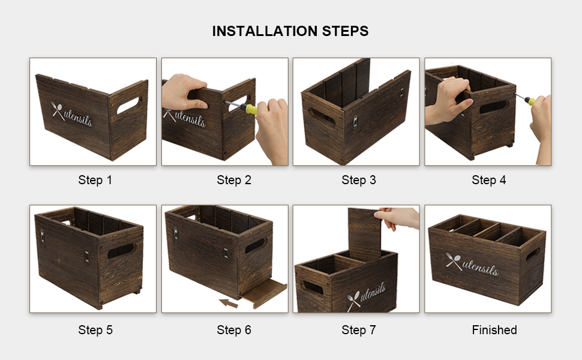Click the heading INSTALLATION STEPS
coord(290,31)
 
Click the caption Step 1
coord(95,180)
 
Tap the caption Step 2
coord(234,180)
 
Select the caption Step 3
coord(359,180)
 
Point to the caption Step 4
coord(489,180)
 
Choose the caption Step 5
coord(95,330)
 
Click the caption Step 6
coord(234,330)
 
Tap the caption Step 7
coord(359,330)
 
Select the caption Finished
coord(494,330)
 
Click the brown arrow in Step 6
coord(228,303)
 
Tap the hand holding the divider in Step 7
coord(398,217)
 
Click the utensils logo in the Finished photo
coord(472,264)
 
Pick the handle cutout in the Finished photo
coord(533,254)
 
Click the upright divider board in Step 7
coord(365,234)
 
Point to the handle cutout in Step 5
coord(121,251)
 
